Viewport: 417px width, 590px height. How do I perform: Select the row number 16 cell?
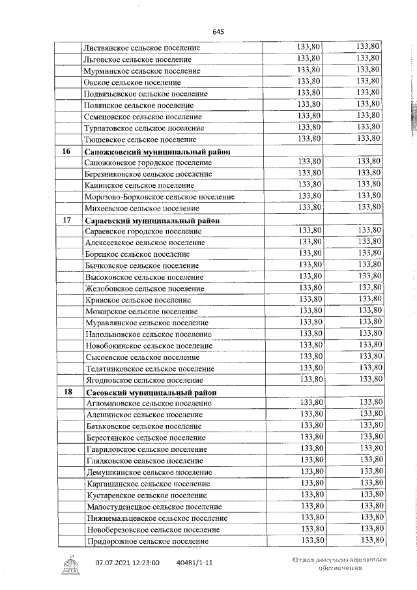coord(66,151)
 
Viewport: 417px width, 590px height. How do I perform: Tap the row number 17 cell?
coord(66,220)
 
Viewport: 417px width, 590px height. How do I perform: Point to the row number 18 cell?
coord(66,392)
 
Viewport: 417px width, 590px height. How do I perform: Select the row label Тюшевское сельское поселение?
coord(140,140)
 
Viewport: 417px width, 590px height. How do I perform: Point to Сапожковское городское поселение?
coord(149,162)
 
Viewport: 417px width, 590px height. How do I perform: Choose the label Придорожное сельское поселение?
coord(147,541)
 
